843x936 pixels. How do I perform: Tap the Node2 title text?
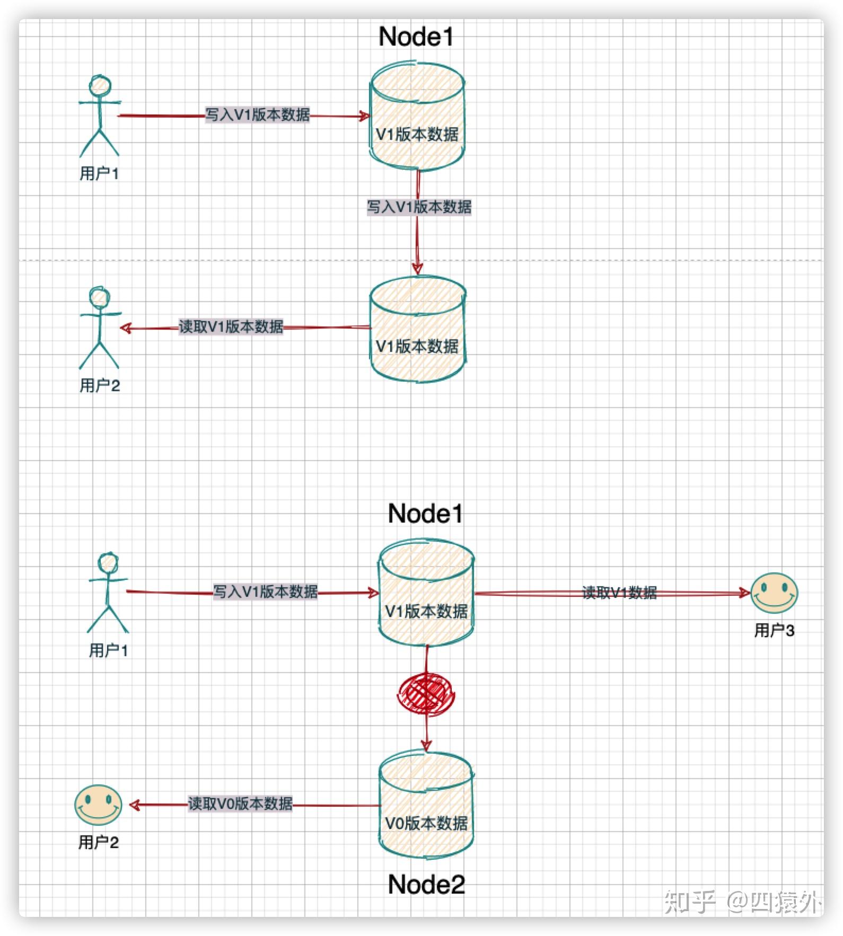click(426, 885)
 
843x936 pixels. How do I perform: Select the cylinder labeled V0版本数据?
click(426, 805)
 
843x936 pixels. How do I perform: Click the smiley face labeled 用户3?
click(774, 593)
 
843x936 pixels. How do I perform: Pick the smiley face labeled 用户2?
click(98, 805)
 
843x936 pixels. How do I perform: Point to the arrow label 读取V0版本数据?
click(240, 804)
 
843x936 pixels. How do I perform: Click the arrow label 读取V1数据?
click(620, 593)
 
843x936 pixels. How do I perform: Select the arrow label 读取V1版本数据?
click(231, 326)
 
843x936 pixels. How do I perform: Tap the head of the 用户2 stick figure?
click(99, 297)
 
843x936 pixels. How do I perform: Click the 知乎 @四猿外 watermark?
click(743, 902)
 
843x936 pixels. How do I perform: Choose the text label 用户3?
click(774, 631)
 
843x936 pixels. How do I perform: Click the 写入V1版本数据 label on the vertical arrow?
click(419, 207)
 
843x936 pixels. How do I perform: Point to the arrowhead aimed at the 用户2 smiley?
click(135, 806)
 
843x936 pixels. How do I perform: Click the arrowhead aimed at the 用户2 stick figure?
click(126, 328)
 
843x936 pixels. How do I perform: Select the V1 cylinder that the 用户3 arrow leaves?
click(426, 593)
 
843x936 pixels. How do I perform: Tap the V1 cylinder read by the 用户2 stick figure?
click(418, 328)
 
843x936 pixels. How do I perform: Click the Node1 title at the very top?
click(416, 37)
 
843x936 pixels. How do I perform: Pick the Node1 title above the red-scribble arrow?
click(425, 514)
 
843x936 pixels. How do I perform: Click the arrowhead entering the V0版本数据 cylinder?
click(426, 744)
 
